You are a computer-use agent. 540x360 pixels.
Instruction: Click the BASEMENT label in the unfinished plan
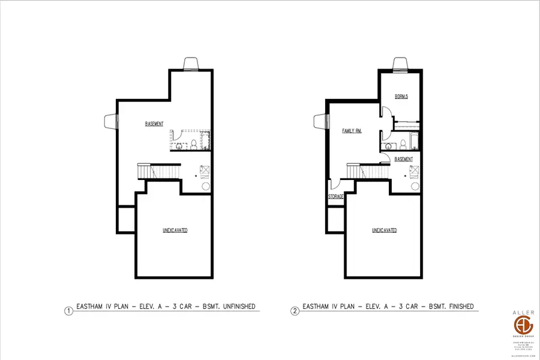[x=154, y=124]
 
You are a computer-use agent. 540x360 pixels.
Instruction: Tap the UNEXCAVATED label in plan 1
[x=175, y=230]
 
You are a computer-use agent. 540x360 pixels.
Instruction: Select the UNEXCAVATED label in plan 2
[x=384, y=230]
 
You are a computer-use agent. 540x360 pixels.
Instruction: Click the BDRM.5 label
[x=401, y=97]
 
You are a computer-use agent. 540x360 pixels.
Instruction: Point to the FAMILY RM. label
[x=352, y=130]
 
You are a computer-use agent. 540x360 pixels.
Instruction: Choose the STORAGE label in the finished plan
[x=335, y=196]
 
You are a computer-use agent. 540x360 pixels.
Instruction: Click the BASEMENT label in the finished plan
[x=404, y=159]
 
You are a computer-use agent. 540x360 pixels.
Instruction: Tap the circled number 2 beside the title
[x=295, y=311]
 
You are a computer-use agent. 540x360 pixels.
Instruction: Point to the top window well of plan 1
[x=191, y=64]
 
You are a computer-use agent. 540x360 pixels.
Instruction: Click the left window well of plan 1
[x=110, y=122]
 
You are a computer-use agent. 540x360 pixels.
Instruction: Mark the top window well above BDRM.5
[x=400, y=64]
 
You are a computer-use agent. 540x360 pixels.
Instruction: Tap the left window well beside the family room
[x=319, y=122]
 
